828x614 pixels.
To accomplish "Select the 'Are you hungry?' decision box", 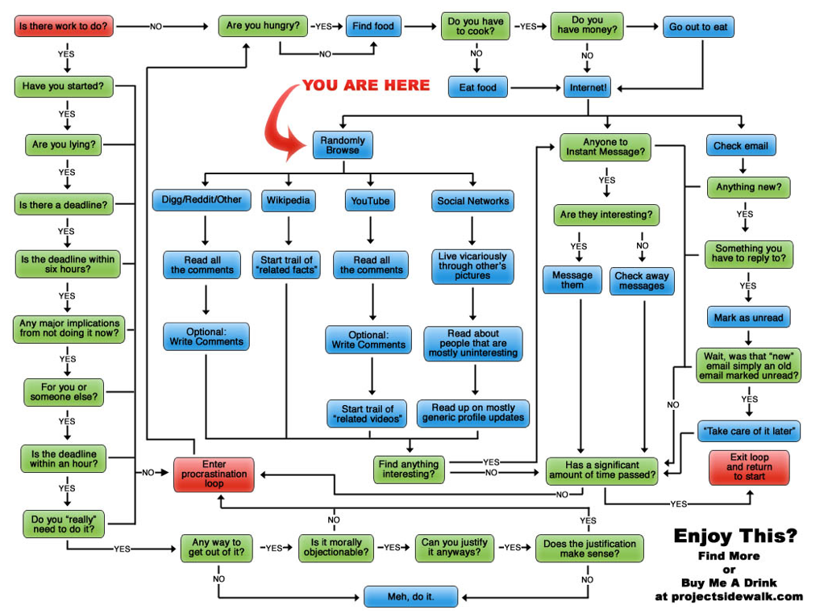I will click(263, 27).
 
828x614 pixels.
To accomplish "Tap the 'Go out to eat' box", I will click(698, 27).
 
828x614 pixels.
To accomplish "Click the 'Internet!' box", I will click(589, 87).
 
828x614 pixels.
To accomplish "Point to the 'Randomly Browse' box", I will click(343, 145).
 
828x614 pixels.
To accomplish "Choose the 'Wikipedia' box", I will click(288, 200).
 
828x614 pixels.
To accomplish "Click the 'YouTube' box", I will click(370, 200).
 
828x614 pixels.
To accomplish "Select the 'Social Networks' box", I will click(473, 200).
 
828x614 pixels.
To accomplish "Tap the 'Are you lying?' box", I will click(64, 145).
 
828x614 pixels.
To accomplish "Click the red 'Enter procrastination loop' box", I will click(214, 474).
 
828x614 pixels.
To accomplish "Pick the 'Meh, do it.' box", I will click(410, 597).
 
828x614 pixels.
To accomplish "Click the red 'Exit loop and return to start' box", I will click(749, 468).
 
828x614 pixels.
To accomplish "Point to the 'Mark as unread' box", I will click(748, 317).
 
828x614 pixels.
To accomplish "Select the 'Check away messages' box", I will click(642, 281).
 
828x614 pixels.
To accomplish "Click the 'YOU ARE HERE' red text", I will click(366, 86).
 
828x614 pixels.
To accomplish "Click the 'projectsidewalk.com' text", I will click(729, 596).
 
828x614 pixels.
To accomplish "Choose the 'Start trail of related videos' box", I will click(368, 414).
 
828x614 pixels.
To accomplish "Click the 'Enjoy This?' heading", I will click(735, 535).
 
